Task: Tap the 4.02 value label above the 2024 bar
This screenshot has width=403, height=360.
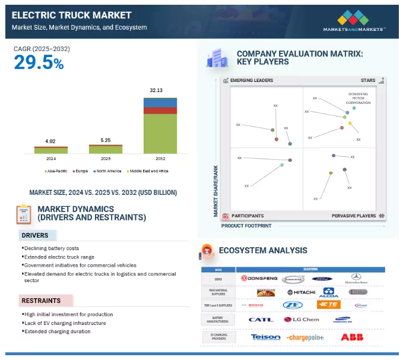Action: click(x=50, y=141)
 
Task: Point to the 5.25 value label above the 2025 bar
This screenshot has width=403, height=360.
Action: click(x=105, y=140)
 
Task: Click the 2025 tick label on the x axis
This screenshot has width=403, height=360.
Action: click(x=105, y=159)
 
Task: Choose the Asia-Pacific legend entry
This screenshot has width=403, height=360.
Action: click(x=57, y=171)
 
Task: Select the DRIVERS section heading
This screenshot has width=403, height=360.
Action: click(x=35, y=235)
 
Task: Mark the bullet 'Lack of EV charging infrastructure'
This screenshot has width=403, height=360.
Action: click(x=65, y=323)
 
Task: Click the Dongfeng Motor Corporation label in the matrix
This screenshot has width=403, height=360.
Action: click(x=358, y=98)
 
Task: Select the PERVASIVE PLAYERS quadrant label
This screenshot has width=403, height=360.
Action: click(x=353, y=216)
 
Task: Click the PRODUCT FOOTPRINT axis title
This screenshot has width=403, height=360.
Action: click(x=246, y=226)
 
